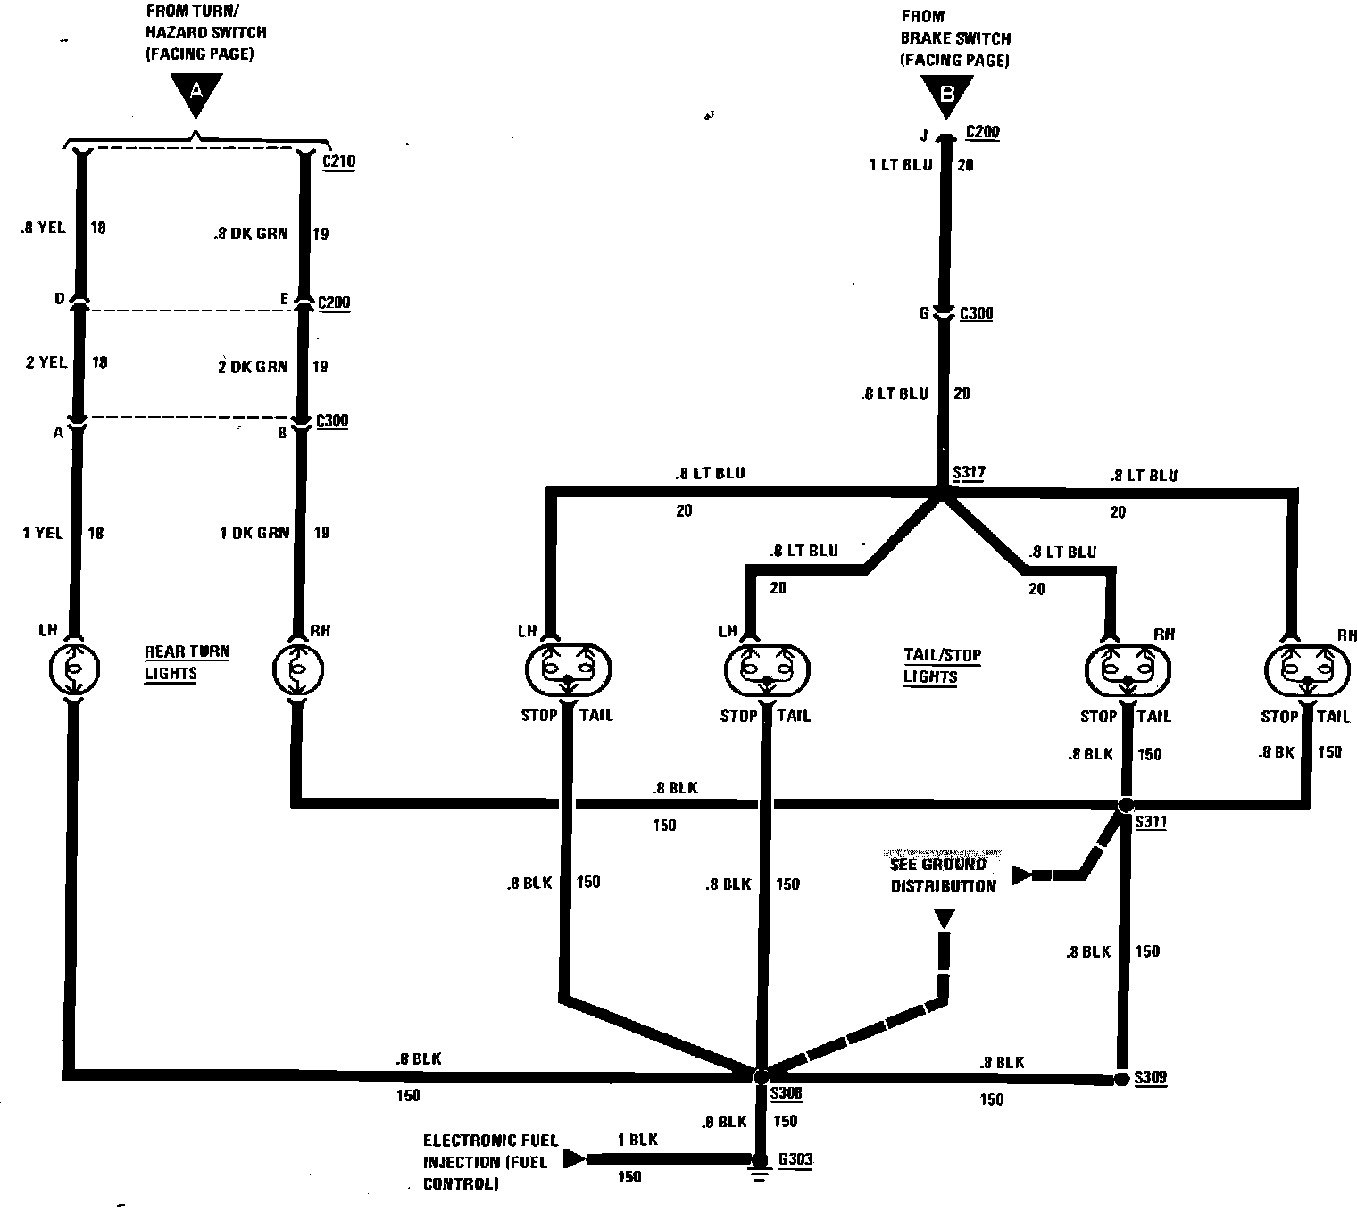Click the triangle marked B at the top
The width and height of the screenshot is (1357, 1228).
pyautogui.click(x=947, y=96)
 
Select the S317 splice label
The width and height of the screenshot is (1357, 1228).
pyautogui.click(x=968, y=473)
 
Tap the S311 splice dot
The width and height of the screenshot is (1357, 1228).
pyautogui.click(x=1126, y=805)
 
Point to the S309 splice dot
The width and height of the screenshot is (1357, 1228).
pyautogui.click(x=1121, y=1079)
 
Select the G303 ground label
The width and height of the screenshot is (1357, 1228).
pyautogui.click(x=795, y=1160)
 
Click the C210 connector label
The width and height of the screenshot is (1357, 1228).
pyautogui.click(x=338, y=162)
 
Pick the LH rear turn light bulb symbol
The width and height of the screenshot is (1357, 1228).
pyautogui.click(x=75, y=667)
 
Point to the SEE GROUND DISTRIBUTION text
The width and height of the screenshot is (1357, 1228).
pyautogui.click(x=930, y=875)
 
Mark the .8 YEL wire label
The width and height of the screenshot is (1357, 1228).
pyautogui.click(x=42, y=228)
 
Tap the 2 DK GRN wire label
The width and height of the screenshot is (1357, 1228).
pyautogui.click(x=253, y=366)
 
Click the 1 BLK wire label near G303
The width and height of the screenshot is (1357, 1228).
pyautogui.click(x=637, y=1140)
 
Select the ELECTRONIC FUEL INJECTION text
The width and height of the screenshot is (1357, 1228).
pyautogui.click(x=490, y=1162)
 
